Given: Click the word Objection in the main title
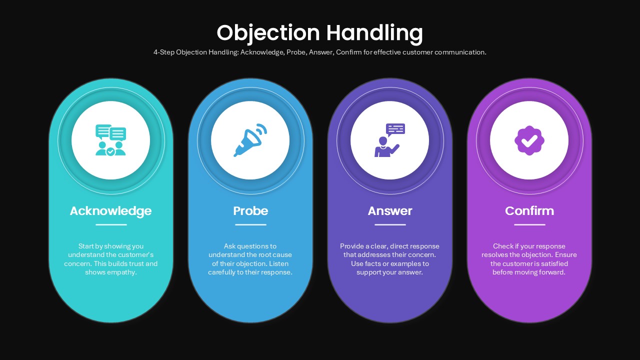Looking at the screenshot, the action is click(x=268, y=33).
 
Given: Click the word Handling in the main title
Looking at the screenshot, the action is click(x=374, y=33).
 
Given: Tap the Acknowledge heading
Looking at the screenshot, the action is click(x=111, y=211).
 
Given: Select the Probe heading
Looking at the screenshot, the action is click(x=250, y=211).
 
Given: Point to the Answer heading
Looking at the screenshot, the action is click(x=390, y=211).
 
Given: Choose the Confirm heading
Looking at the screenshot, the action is click(x=529, y=211).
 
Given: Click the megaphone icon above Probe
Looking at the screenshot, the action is click(x=250, y=140).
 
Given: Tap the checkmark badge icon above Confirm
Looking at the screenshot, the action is click(x=529, y=140).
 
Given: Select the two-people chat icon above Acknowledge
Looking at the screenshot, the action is click(x=110, y=140).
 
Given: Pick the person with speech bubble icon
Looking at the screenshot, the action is click(x=389, y=140).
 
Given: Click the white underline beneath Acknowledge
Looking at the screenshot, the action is click(x=111, y=224).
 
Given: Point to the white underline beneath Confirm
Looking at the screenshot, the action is click(x=529, y=224).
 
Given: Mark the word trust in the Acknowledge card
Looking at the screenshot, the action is click(x=135, y=263).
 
